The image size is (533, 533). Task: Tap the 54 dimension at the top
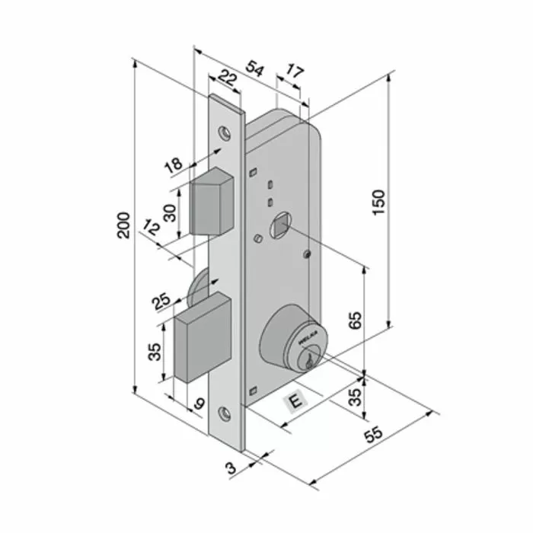click(255, 70)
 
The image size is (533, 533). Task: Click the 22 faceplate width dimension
click(226, 76)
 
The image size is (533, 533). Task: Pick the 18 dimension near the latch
click(173, 164)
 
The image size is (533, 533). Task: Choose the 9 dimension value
click(199, 404)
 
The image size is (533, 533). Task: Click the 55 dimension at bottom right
click(372, 436)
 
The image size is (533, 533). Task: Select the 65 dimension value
click(354, 321)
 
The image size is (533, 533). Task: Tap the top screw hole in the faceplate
click(225, 132)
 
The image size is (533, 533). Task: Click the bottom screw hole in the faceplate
click(225, 413)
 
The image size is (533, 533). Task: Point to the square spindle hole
click(279, 226)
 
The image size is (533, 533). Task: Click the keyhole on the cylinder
click(310, 358)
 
